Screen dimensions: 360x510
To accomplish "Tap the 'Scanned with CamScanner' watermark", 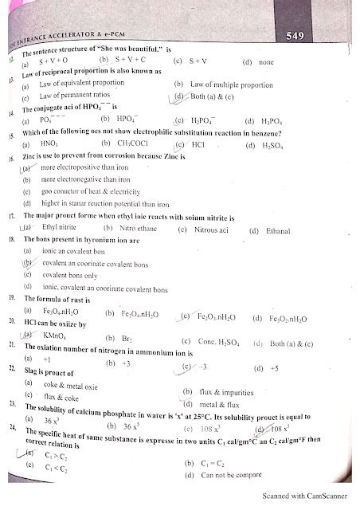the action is (x=309, y=496).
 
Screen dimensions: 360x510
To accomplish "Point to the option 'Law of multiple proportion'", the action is (x=231, y=84).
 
